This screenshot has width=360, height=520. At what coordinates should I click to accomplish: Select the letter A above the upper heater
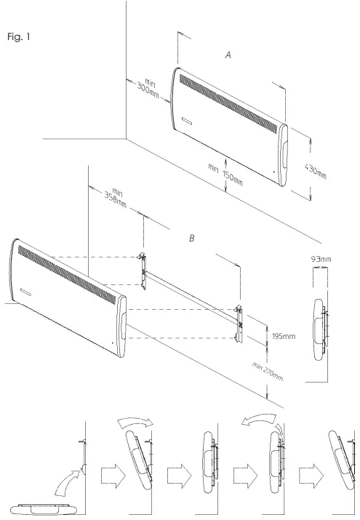point(228,56)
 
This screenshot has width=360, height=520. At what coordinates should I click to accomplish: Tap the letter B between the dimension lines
point(191,238)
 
